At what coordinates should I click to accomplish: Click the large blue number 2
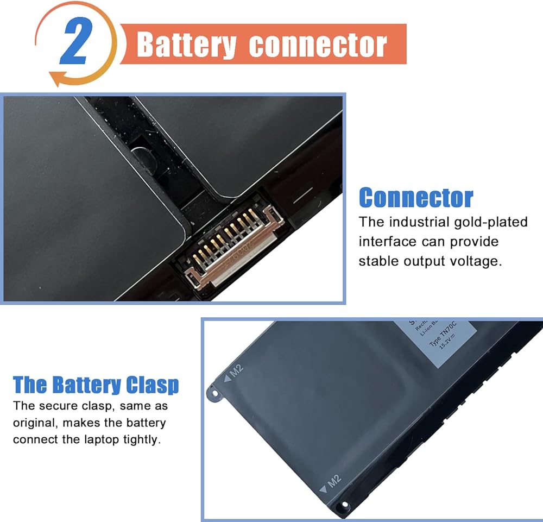pos(76,42)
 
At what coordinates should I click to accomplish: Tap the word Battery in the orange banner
pos(186,45)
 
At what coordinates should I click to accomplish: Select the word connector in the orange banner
pos(318,45)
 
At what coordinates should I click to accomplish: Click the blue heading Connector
pos(416,198)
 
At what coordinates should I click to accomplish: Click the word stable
pos(378,261)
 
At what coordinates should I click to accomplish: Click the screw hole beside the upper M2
pos(215,393)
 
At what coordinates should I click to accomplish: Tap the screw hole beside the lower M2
pos(343,507)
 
